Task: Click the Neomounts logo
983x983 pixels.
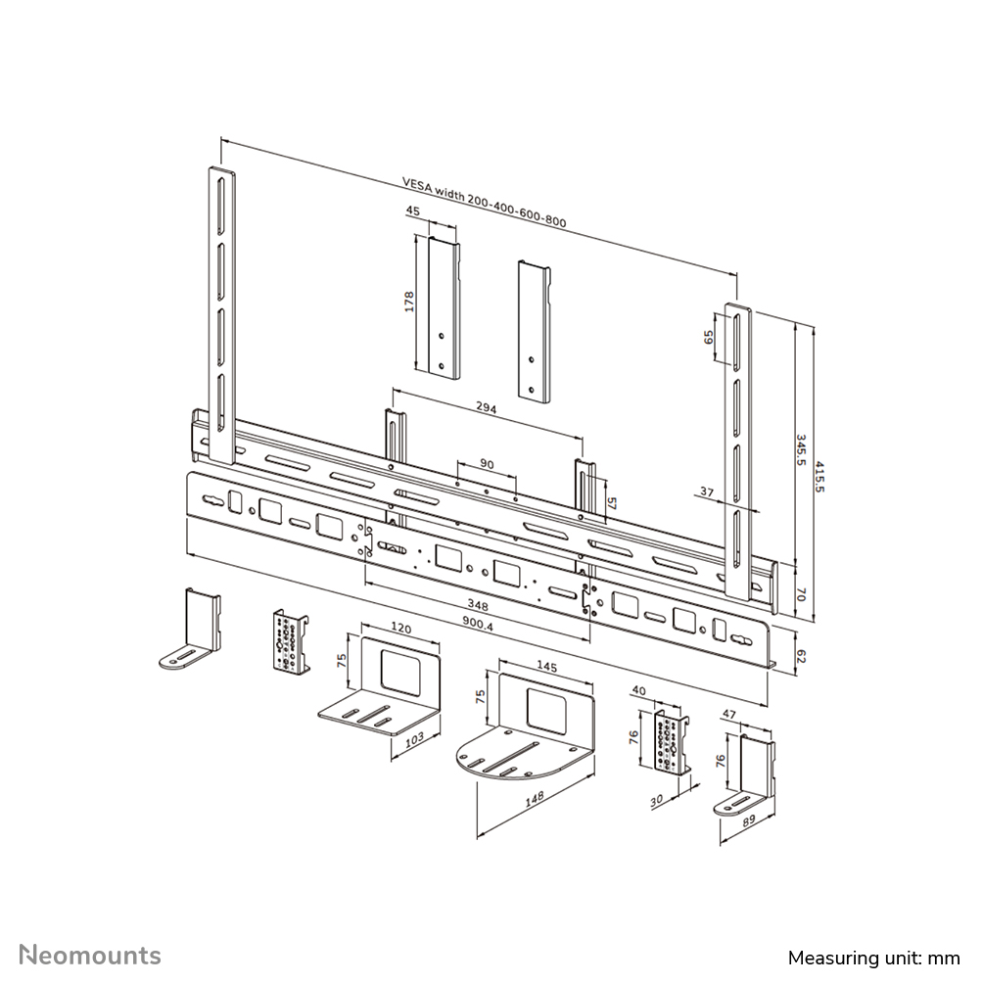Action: click(91, 955)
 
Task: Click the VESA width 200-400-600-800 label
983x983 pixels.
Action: click(485, 203)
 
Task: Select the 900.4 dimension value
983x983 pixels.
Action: click(480, 623)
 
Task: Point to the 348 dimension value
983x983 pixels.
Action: click(479, 605)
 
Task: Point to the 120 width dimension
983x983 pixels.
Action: click(401, 624)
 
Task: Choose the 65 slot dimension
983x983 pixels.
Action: click(709, 338)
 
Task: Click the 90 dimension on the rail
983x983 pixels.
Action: click(487, 463)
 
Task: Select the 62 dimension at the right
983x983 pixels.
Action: click(800, 655)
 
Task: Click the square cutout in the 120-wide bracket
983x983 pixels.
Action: click(397, 671)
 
